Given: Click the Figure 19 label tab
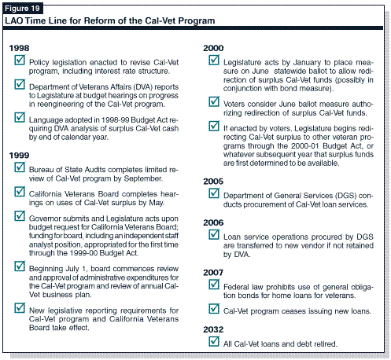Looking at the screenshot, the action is [22, 8].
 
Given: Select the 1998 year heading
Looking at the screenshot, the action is [19, 48].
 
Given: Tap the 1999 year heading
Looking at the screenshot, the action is [19, 156].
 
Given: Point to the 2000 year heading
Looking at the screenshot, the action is [213, 48].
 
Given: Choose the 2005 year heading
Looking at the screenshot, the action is [213, 182].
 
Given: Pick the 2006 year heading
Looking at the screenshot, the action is [213, 222].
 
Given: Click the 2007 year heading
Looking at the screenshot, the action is [213, 273].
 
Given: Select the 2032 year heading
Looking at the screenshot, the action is [213, 329].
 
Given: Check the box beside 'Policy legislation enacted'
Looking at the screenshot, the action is [20, 60].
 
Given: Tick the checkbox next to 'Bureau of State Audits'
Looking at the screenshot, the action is [20, 167].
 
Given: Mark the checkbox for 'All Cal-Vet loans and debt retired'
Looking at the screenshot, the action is [214, 341].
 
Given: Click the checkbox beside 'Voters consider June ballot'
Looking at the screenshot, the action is [214, 101].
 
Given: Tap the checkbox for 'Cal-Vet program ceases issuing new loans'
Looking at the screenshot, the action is [214, 308].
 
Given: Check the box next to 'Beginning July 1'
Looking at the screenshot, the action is [20, 266].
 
